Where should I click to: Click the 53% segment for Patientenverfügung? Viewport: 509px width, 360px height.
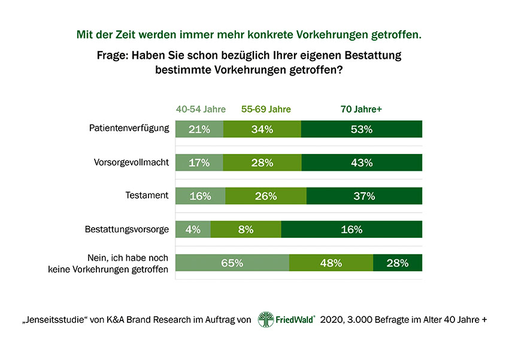[x=362, y=129]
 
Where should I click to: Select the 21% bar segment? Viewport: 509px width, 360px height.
[x=199, y=129]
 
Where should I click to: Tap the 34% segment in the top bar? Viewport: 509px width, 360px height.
[x=262, y=129]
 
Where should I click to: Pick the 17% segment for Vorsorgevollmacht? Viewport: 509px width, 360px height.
[x=199, y=163]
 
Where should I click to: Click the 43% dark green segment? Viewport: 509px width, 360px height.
[x=362, y=163]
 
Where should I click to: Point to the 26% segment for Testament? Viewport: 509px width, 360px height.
[x=266, y=196]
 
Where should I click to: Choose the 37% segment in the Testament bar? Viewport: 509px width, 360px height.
[x=364, y=196]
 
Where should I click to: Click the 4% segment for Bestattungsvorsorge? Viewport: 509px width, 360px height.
[x=193, y=229]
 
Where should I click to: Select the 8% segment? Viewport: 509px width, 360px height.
[x=246, y=229]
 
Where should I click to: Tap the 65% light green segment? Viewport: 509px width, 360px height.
[x=232, y=263]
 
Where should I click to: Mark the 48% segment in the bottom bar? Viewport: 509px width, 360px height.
[x=331, y=263]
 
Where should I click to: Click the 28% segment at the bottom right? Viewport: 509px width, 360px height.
[x=398, y=263]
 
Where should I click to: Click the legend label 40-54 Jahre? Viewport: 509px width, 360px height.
[x=201, y=110]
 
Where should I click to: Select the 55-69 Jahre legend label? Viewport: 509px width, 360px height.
[x=266, y=110]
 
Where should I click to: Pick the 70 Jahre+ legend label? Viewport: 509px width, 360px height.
[x=361, y=110]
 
